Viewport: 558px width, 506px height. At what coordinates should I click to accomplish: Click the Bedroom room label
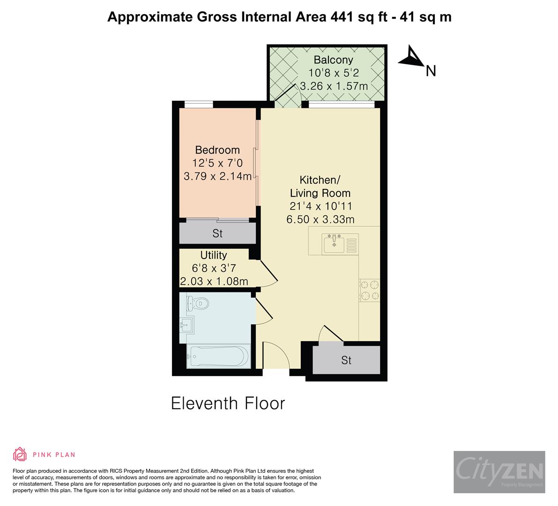[x=217, y=150]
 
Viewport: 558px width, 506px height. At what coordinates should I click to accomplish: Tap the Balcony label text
[x=333, y=60]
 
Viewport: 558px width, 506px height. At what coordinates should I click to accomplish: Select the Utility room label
[x=214, y=255]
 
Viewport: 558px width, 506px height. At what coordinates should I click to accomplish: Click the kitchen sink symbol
[x=334, y=243]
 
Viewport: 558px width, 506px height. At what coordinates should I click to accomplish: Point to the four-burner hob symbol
[x=369, y=290]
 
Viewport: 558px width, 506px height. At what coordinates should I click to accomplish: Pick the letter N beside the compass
[x=431, y=71]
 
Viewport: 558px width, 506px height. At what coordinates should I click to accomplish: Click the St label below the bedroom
[x=217, y=233]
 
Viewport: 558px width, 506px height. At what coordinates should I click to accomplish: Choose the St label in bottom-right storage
[x=346, y=360]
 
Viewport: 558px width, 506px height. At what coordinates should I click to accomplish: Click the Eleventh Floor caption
[x=228, y=403]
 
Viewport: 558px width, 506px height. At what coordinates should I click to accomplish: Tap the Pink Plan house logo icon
[x=20, y=454]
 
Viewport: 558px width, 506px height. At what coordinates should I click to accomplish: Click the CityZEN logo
[x=499, y=472]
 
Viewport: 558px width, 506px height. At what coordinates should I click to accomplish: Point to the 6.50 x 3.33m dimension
[x=320, y=219]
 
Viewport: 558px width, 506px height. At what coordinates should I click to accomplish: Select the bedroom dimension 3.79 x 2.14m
[x=217, y=176]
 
